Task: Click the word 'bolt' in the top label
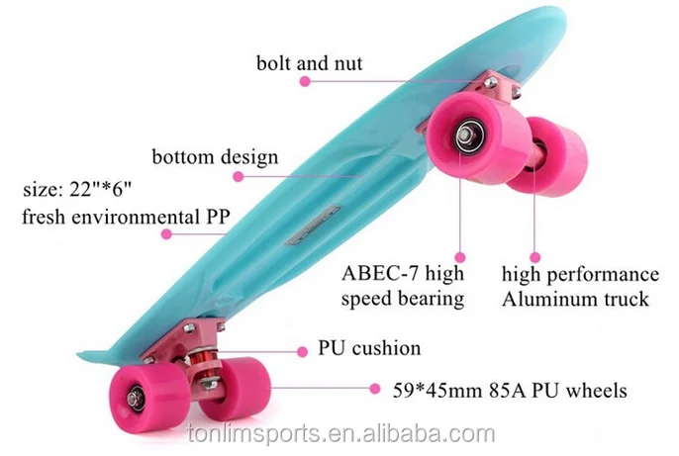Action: tap(275, 64)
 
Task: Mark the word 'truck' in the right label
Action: tap(647, 299)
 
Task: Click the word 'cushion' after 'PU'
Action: tap(384, 348)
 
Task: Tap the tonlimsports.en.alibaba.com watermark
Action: tap(339, 434)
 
